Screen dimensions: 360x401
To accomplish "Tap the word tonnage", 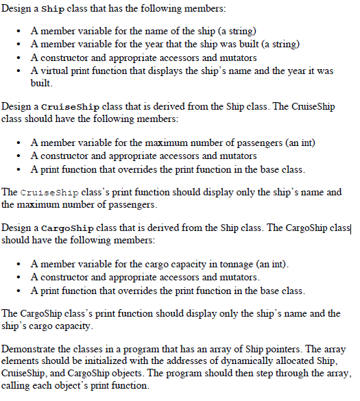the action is tap(241, 264).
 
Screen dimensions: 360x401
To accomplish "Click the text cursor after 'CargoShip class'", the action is tap(350, 228).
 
